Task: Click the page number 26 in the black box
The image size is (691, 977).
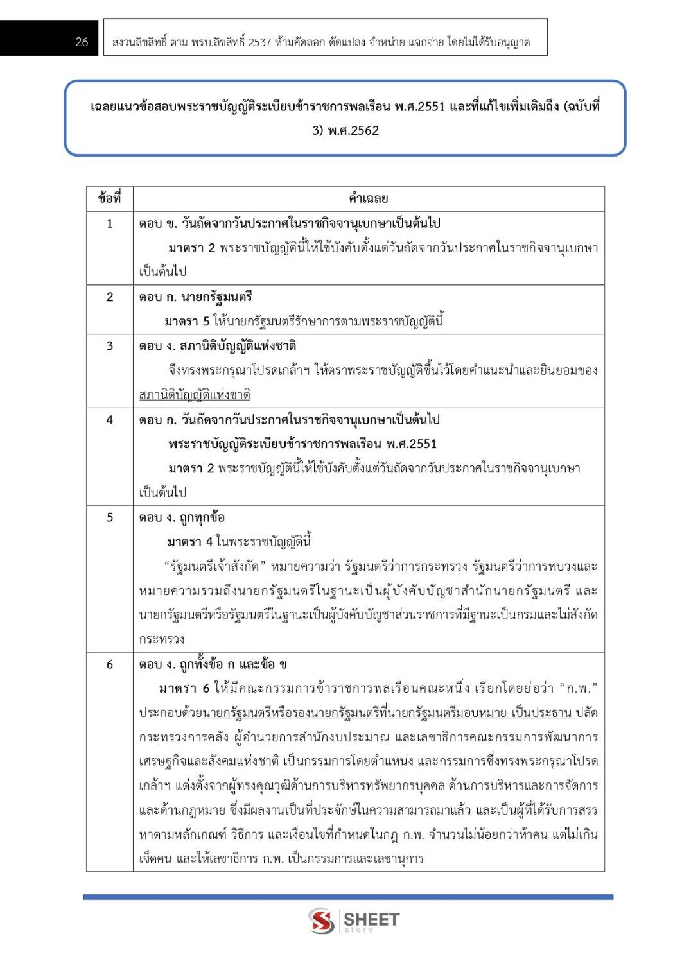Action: pos(82,42)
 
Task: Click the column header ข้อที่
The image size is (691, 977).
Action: pos(109,198)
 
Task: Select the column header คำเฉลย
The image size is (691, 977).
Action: pos(368,198)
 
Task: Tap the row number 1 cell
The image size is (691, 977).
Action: pos(110,223)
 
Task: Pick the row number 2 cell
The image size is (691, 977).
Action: pos(110,297)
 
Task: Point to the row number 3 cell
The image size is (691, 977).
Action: pos(110,346)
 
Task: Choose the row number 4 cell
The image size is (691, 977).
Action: pos(110,420)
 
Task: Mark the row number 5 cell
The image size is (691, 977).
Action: pos(110,517)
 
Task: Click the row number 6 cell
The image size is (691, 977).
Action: pos(110,664)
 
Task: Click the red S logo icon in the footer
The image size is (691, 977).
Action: pos(321,921)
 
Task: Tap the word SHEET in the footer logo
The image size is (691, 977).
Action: pos(371,919)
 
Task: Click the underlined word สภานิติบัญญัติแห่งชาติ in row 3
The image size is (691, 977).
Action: pos(195,395)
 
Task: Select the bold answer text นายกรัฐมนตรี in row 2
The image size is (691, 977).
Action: pos(216,297)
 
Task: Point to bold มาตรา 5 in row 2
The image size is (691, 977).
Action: pos(186,321)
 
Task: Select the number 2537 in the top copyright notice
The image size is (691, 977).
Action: pos(259,42)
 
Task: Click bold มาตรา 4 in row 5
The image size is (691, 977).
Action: pos(189,542)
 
